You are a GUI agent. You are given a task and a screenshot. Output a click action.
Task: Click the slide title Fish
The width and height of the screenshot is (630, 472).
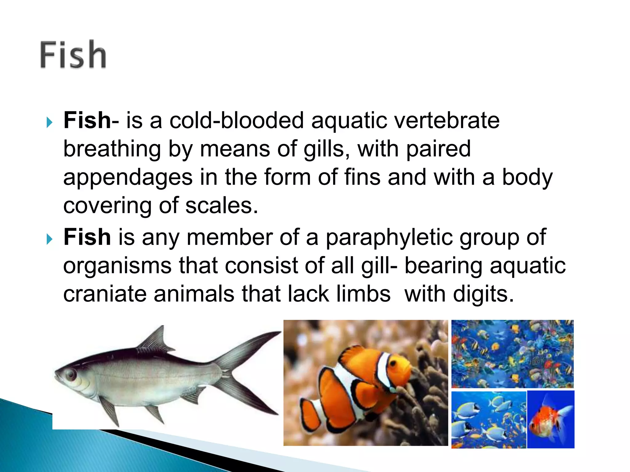(x=73, y=55)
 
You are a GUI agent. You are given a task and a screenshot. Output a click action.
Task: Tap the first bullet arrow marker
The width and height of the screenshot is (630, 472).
(x=50, y=122)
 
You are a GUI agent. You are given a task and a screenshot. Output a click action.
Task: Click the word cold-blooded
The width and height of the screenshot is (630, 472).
(x=237, y=120)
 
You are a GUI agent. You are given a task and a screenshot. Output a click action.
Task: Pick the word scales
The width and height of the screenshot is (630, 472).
(x=221, y=206)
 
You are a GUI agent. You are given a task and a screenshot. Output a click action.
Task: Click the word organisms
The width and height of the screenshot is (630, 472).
(x=117, y=266)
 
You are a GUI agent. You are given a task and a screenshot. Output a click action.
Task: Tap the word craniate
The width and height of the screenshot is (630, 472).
(x=105, y=294)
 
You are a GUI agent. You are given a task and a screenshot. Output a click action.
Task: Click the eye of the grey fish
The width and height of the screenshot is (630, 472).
(x=70, y=374)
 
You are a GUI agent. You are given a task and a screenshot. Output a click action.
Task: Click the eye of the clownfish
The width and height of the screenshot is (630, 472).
(x=393, y=364)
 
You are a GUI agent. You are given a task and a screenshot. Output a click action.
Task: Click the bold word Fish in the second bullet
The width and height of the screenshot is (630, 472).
(x=87, y=238)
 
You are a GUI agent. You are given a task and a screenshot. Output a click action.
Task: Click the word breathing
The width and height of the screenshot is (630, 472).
(x=112, y=149)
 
